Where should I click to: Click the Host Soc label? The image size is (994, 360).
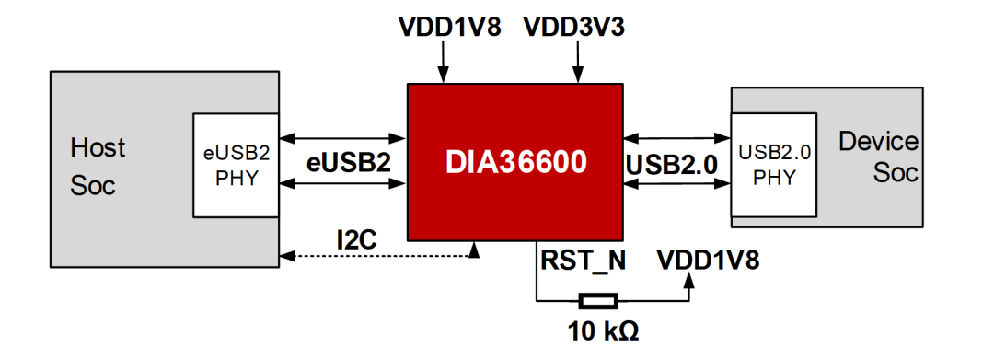[x=98, y=166]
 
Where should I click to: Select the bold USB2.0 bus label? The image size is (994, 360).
[x=673, y=164]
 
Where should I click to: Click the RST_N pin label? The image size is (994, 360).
[x=582, y=261]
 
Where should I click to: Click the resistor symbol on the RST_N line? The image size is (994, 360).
[x=598, y=300]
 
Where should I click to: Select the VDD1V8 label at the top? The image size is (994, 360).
[x=449, y=27]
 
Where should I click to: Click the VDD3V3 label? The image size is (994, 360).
[x=574, y=27]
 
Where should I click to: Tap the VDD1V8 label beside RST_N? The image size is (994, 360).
[x=708, y=261]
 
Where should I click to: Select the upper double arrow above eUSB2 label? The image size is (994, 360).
[x=343, y=138]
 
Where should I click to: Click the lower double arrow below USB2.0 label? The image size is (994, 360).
[x=676, y=184]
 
